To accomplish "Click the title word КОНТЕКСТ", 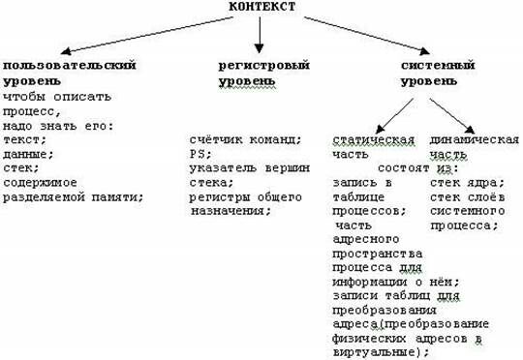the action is point(261,8).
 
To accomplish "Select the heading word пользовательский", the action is point(67,64).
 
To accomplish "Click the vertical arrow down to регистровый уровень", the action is point(260,35).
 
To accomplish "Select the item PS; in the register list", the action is point(200,153).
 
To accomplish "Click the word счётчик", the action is point(214,138).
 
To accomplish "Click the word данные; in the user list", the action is point(28,153).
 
